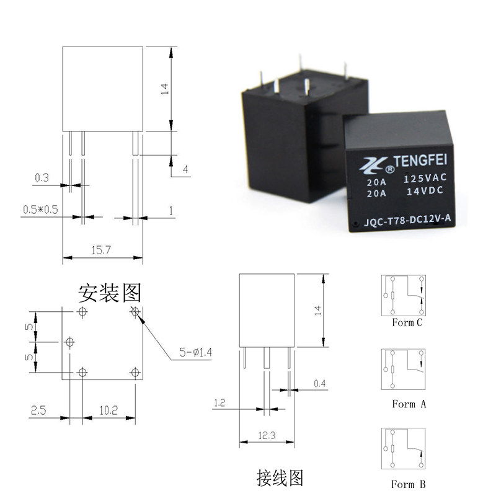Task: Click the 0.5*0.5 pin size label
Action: click(x=40, y=210)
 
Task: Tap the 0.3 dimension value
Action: click(x=42, y=178)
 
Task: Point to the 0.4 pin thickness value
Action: click(x=320, y=384)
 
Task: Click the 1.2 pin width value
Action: click(x=219, y=403)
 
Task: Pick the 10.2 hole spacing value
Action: click(x=108, y=410)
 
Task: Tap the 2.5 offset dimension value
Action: click(x=37, y=410)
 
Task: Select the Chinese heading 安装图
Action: click(x=110, y=291)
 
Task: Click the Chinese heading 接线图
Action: click(x=281, y=477)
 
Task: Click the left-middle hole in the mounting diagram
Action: click(x=69, y=342)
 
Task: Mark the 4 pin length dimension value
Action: click(x=185, y=169)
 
